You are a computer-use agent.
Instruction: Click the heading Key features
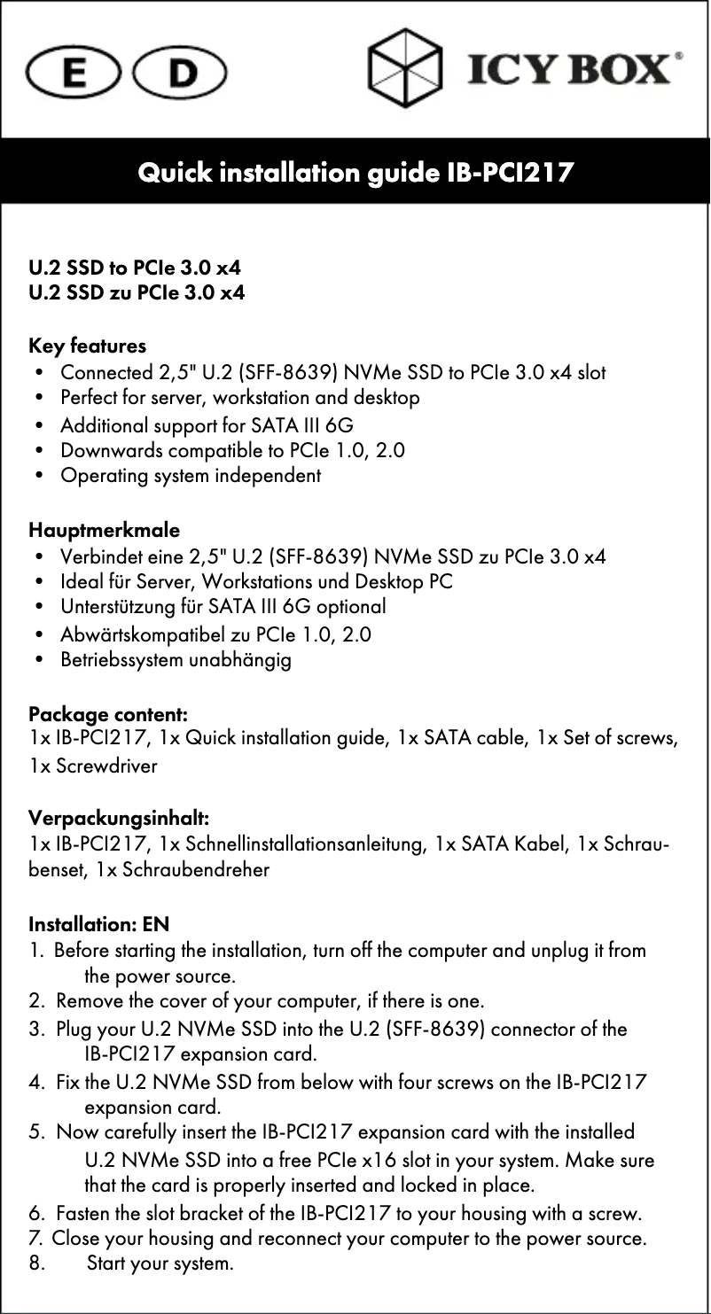point(88,345)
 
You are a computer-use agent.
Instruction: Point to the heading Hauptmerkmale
point(105,531)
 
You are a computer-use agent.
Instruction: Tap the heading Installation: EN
point(99,925)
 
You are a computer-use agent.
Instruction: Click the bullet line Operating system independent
point(191,476)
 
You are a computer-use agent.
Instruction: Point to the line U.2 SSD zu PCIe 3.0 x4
point(137,292)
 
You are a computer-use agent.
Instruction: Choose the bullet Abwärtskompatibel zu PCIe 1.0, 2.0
point(215,634)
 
